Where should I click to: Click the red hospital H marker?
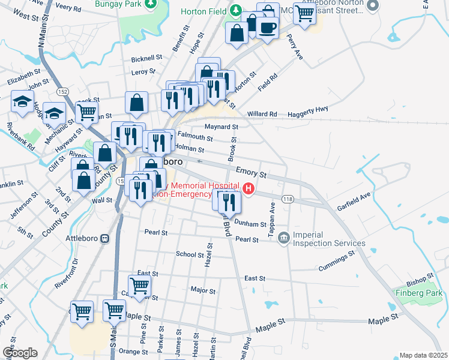coord(249,190)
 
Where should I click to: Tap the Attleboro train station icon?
coord(105,238)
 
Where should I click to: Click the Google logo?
coord(20,353)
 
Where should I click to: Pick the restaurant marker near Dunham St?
coord(229,202)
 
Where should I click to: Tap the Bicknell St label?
coord(147,59)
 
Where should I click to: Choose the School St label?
coord(190,254)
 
